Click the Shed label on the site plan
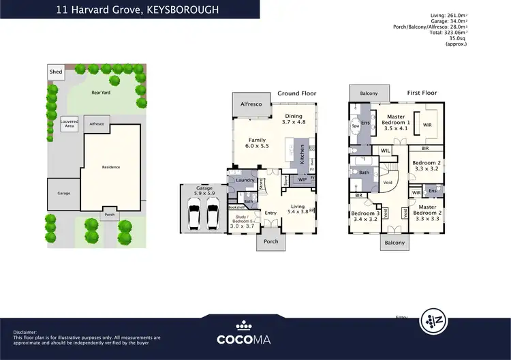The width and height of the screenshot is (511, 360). [x=55, y=72]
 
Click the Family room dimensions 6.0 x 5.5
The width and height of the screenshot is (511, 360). [x=256, y=146]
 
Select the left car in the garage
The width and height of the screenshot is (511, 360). [x=193, y=216]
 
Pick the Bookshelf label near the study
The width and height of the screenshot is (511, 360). [x=236, y=207]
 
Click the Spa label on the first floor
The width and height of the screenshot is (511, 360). [x=355, y=126]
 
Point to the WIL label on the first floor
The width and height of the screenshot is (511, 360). [x=385, y=151]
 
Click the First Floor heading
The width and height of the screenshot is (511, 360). [x=422, y=92]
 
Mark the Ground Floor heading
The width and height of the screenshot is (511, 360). [x=296, y=93]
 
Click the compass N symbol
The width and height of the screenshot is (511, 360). [x=439, y=318]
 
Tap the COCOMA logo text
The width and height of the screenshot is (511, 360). [x=255, y=338]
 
